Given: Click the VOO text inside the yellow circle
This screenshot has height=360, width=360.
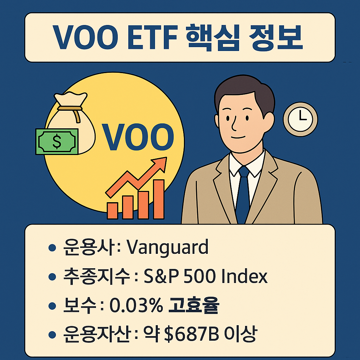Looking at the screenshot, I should [x=137, y=136].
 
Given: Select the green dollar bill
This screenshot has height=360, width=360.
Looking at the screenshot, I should [x=57, y=141].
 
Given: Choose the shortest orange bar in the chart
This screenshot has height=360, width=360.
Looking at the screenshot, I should [x=112, y=211].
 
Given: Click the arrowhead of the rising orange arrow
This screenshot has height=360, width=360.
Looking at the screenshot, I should [x=160, y=163].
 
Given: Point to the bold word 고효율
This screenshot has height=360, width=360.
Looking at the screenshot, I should [x=193, y=306].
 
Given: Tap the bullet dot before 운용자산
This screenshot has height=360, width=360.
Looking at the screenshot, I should [x=52, y=335].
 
